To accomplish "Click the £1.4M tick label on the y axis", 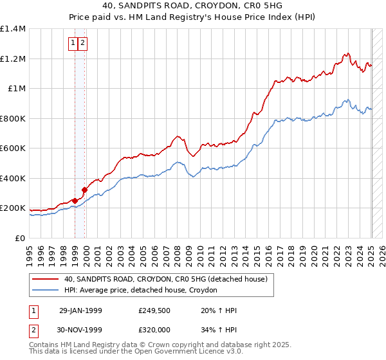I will [x=12, y=29].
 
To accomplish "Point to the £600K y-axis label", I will [x=12, y=148].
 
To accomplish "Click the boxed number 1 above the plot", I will [x=73, y=43].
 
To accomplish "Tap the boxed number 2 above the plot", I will [x=84, y=43].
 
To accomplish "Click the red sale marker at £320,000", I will [x=84, y=190].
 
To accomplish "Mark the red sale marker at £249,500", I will [x=75, y=201].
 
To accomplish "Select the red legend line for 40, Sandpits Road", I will [x=45, y=279].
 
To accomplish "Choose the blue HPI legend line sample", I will [x=45, y=291].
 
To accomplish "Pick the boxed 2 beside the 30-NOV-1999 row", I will [x=33, y=330].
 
